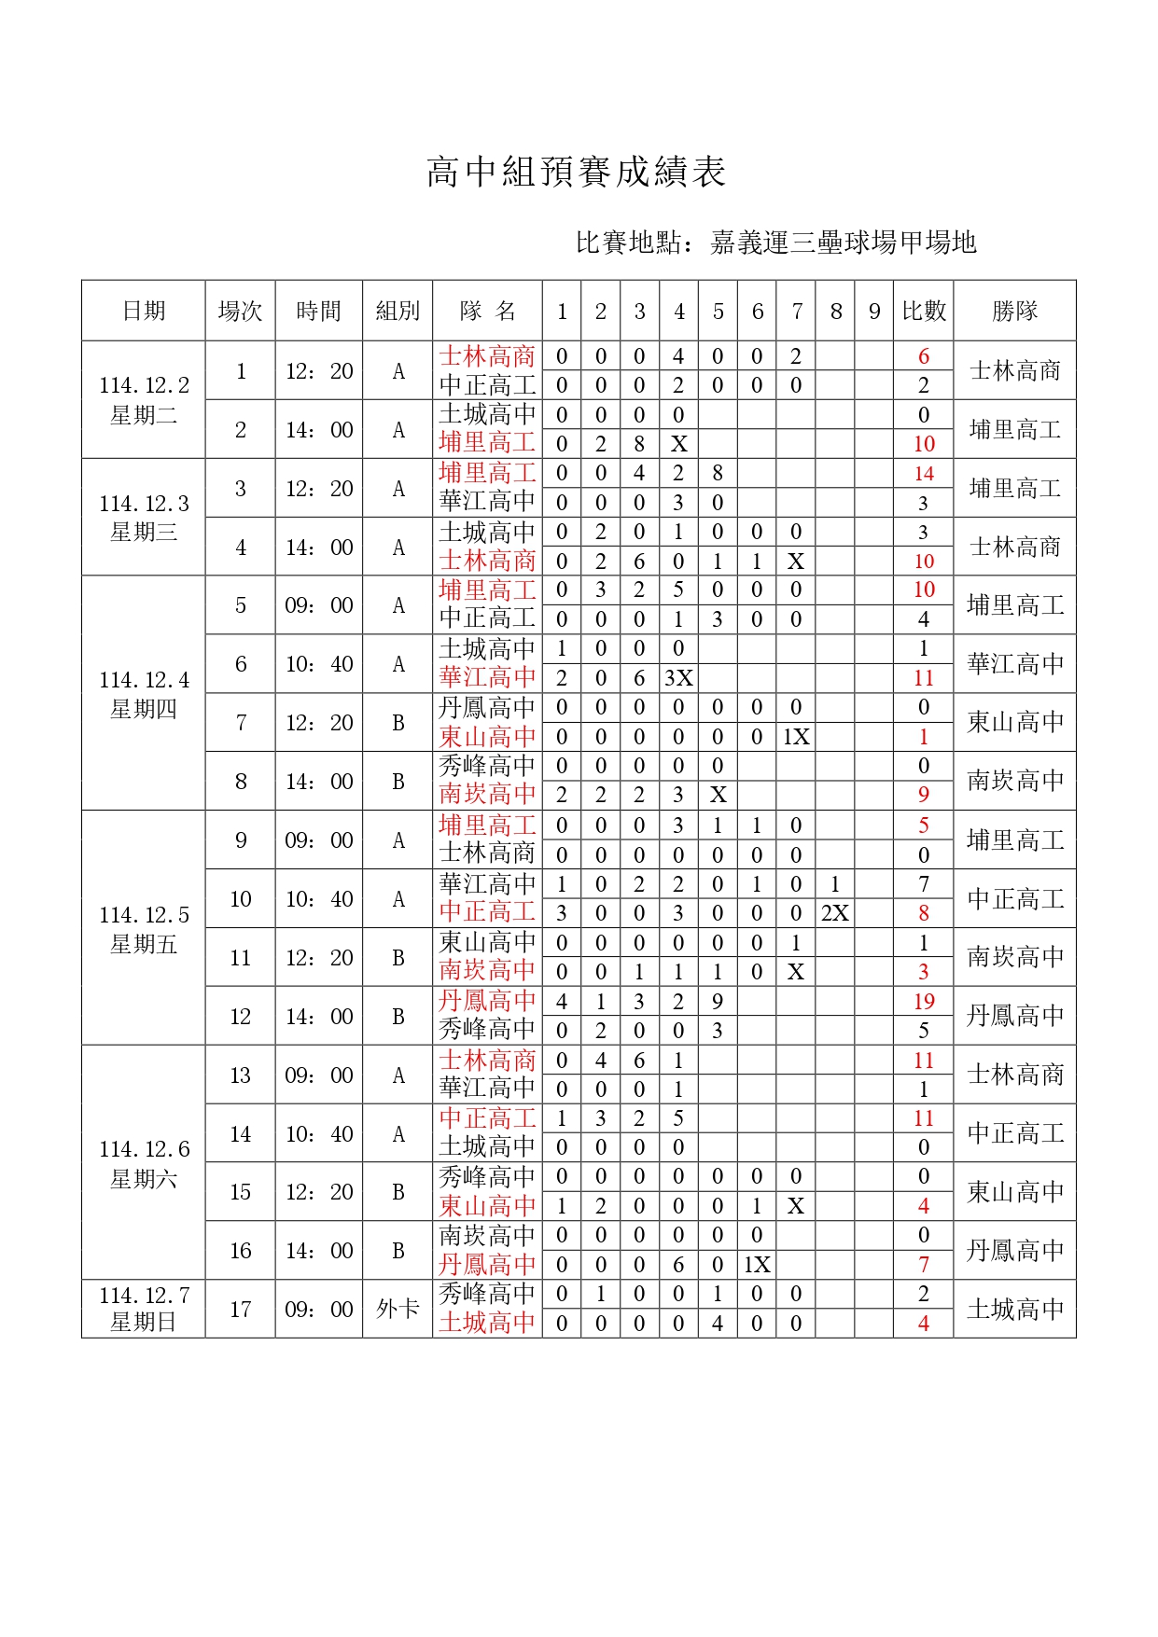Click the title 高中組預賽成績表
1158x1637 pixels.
coord(576,173)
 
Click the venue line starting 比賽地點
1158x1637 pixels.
coord(775,243)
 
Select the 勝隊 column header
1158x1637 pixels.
coord(1014,311)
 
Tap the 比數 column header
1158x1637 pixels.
coord(923,311)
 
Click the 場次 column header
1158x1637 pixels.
coord(240,311)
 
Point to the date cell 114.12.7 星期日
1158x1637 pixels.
coord(144,1309)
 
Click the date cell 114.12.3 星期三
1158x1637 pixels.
coord(144,517)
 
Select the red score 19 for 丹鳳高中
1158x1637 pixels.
coord(923,1002)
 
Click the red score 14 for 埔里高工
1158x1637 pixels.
coord(923,474)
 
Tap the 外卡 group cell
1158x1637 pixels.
coord(398,1309)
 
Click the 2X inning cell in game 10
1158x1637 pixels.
coord(835,913)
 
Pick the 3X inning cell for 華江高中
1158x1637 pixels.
coord(678,678)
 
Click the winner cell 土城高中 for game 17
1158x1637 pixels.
coord(1014,1309)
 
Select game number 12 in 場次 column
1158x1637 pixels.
coord(240,1016)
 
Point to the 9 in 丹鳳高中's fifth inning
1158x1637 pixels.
coord(718,1002)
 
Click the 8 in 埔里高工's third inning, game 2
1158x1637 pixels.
coord(639,444)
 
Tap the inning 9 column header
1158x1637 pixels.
coord(874,311)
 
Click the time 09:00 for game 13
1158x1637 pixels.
coord(319,1075)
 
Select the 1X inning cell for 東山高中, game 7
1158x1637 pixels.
coord(796,737)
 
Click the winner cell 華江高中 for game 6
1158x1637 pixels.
coord(1014,664)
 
